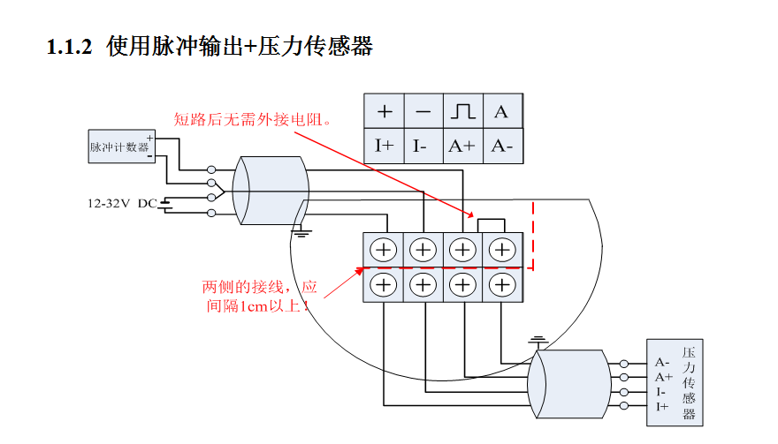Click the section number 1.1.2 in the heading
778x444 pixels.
(x=69, y=47)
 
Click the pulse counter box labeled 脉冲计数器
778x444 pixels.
(x=119, y=147)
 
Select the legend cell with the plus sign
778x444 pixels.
(x=384, y=112)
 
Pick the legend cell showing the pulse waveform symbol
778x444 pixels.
(x=461, y=112)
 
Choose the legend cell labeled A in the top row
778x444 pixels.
(x=501, y=112)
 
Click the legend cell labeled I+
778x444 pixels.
(x=384, y=146)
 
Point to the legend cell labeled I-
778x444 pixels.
(x=423, y=146)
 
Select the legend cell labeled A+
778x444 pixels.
(x=461, y=146)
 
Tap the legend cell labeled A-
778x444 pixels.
(x=501, y=146)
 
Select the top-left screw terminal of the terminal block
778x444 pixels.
(x=384, y=250)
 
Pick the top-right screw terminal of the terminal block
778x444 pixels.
(x=501, y=250)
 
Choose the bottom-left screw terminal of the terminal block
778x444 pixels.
(x=384, y=284)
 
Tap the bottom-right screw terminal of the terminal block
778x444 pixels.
(x=501, y=284)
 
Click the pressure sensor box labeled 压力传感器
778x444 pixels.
(x=689, y=382)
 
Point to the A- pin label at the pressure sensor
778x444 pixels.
(x=662, y=362)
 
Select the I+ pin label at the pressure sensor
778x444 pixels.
(x=662, y=406)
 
